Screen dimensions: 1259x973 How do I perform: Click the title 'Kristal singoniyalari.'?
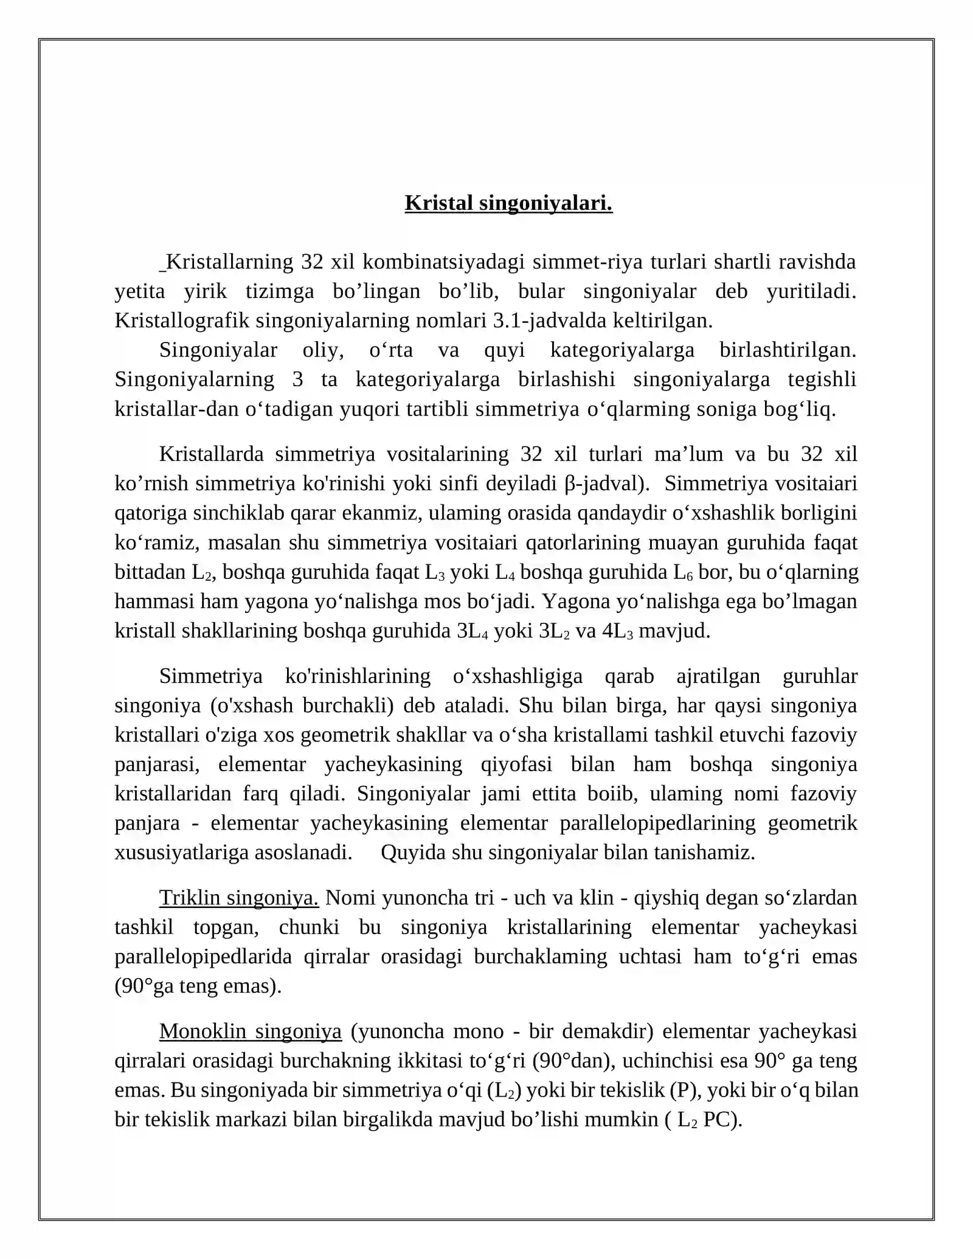(x=508, y=203)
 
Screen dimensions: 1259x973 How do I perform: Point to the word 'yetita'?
(x=140, y=291)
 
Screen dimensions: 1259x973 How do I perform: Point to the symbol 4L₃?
(x=617, y=631)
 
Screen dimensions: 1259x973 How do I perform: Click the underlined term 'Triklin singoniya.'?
(x=238, y=898)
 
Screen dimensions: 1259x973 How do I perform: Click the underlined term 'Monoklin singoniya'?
(x=250, y=1032)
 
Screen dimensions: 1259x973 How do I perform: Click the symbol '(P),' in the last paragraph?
(x=686, y=1090)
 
